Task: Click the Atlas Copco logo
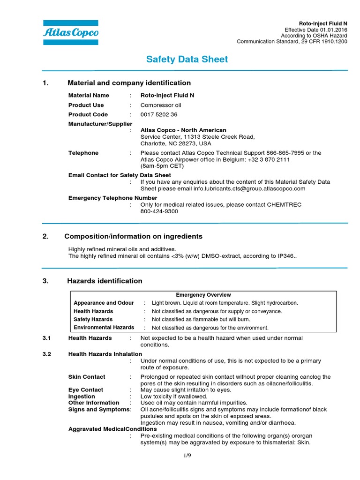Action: coord(70,32)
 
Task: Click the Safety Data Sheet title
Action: coord(187,59)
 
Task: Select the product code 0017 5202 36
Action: coord(159,114)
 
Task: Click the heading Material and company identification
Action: coord(129,83)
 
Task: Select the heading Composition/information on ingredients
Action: coord(133,236)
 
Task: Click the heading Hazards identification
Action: coord(105,281)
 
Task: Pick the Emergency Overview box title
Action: coord(203,295)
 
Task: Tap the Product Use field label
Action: coord(86,105)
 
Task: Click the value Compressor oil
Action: coord(161,105)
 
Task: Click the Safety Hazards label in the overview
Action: coord(93,319)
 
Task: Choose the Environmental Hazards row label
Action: coord(104,327)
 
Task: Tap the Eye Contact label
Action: coord(86,390)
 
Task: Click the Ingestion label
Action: coord(82,397)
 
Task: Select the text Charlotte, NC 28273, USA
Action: coord(176,143)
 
